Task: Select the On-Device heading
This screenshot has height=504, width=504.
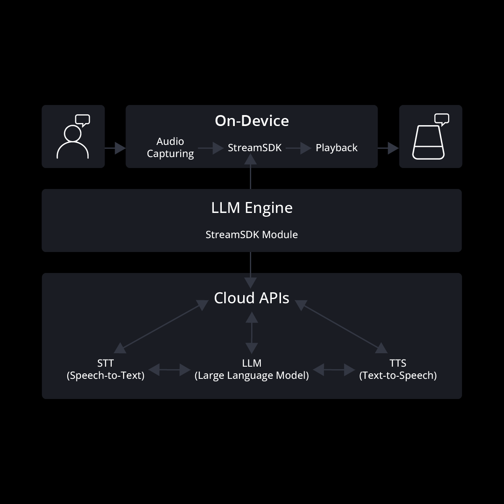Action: [x=252, y=121]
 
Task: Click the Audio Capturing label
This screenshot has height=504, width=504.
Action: [x=170, y=147]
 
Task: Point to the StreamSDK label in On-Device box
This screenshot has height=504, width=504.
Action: [x=255, y=148]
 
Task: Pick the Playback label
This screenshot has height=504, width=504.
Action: [x=336, y=148]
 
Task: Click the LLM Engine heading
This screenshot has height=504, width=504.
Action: [x=252, y=208]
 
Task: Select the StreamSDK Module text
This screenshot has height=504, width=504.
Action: [x=252, y=235]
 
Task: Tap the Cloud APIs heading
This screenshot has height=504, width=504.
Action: [x=252, y=298]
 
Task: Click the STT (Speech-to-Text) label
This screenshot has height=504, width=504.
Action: [x=105, y=369]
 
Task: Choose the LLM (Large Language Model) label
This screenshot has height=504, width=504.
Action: [x=252, y=369]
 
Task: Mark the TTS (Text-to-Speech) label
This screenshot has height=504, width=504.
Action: [x=398, y=369]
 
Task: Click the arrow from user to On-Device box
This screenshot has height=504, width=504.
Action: [x=115, y=148]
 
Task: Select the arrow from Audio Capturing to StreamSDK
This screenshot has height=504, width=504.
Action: [x=210, y=148]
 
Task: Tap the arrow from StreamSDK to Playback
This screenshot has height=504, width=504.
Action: [x=298, y=148]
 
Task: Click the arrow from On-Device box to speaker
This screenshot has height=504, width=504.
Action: [x=388, y=148]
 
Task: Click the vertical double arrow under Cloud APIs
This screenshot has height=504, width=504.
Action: [x=252, y=333]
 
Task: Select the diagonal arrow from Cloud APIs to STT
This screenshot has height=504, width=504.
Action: [x=161, y=326]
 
